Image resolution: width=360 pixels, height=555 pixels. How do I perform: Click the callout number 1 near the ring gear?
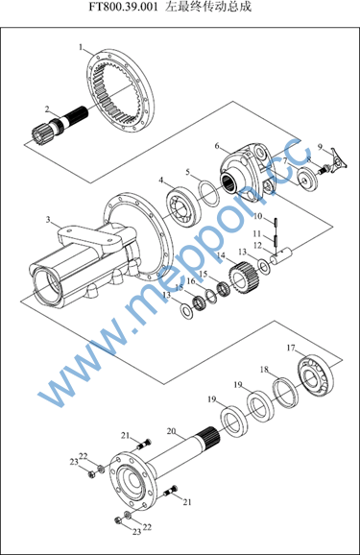[81, 47]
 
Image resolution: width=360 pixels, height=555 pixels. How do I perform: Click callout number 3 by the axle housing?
[48, 220]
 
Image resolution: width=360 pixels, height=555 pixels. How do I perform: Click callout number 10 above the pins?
[257, 216]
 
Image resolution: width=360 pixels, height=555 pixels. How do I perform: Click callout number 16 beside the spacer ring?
[191, 281]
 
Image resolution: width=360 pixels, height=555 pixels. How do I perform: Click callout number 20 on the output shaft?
[171, 431]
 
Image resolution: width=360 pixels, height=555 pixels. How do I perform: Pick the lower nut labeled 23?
[118, 520]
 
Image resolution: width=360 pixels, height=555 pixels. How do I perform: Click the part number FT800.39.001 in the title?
[123, 7]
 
